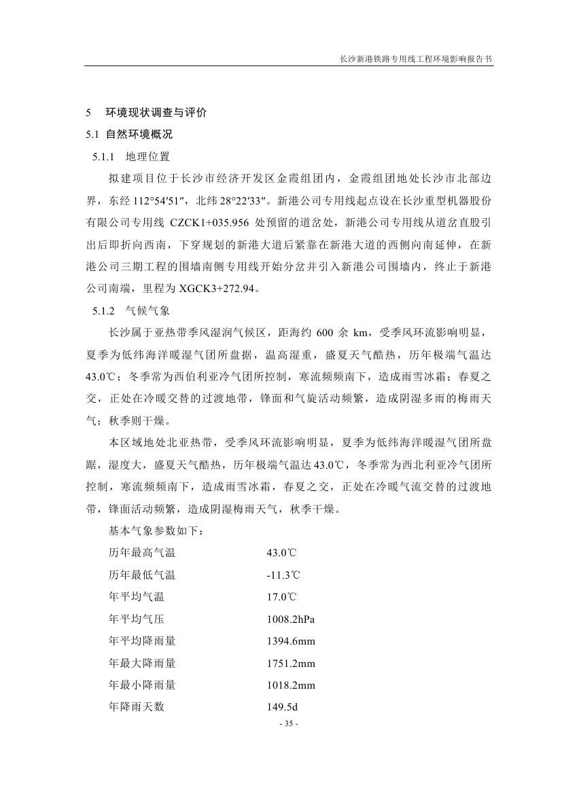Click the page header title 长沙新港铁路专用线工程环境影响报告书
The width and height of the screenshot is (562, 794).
pos(416,59)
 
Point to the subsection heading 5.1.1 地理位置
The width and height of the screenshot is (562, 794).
pos(131,157)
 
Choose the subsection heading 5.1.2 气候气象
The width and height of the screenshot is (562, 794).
pos(131,312)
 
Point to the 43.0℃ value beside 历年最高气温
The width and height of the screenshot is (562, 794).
pos(281,553)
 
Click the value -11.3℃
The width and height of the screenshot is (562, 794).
pos(283,575)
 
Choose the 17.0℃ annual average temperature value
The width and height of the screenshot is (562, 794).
pos(281,598)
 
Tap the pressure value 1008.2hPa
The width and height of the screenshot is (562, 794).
pos(291,619)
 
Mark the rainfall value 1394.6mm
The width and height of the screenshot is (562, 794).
pos(291,641)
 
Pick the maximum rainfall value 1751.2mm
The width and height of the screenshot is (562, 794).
pos(291,664)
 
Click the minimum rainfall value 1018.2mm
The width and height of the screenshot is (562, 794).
pos(291,685)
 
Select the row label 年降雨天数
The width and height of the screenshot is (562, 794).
pos(137,707)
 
